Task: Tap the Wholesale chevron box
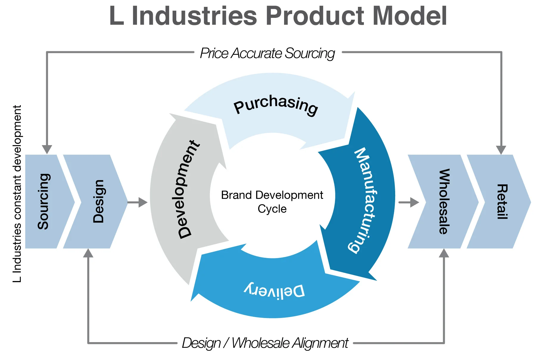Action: click(x=441, y=201)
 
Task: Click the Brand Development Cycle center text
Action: click(x=272, y=202)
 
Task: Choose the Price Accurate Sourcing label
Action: click(x=267, y=54)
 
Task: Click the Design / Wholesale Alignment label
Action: click(x=265, y=343)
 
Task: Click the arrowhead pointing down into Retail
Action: click(x=501, y=150)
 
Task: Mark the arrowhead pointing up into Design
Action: click(x=88, y=253)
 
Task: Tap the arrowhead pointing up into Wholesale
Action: click(x=444, y=253)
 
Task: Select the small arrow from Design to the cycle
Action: click(x=138, y=202)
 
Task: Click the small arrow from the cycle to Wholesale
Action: click(x=409, y=202)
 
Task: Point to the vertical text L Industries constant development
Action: click(x=17, y=194)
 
